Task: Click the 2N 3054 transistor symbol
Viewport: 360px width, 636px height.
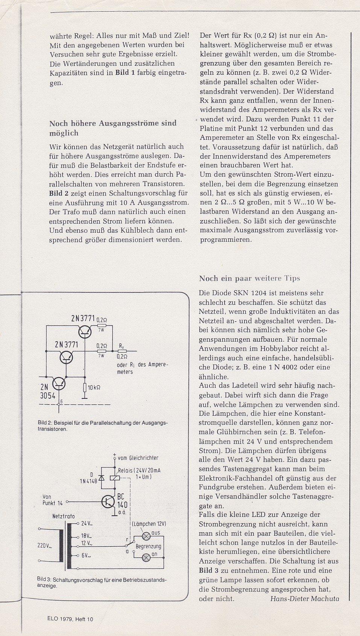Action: click(x=59, y=383)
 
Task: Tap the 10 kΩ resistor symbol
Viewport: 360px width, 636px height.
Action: click(x=85, y=387)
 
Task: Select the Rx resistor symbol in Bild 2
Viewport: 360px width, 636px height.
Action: click(x=122, y=351)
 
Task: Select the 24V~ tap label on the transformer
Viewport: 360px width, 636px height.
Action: click(x=87, y=523)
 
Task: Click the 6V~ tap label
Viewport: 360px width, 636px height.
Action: click(x=86, y=555)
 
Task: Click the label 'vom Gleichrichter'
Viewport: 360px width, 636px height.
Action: click(x=138, y=458)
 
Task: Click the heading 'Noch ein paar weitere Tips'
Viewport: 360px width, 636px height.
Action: click(x=249, y=279)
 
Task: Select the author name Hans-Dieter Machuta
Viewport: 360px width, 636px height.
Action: click(x=304, y=598)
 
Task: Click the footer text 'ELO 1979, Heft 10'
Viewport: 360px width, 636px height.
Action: click(x=70, y=619)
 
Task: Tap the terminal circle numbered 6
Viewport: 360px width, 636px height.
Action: click(x=59, y=405)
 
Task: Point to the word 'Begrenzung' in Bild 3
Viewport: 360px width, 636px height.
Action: click(x=148, y=547)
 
